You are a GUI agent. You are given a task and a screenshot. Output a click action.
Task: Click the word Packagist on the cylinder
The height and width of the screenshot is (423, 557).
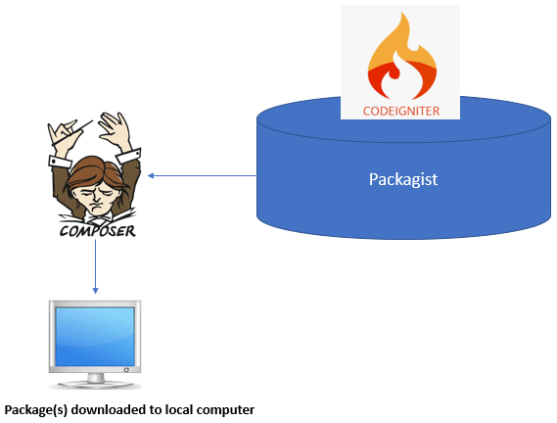point(403,179)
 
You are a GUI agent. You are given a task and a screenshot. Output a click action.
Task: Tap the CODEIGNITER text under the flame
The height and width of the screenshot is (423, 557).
point(401,112)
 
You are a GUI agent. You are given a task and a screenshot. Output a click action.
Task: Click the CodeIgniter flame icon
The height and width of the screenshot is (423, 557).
point(401,56)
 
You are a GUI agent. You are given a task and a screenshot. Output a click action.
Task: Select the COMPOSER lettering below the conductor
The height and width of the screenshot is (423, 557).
point(98,231)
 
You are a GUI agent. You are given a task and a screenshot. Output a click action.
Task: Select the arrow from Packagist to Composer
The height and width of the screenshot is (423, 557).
point(202,175)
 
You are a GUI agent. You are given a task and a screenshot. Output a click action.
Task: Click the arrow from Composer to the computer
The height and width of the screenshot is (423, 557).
point(95,266)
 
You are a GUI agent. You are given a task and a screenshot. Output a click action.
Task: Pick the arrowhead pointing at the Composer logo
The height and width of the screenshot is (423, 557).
point(151,175)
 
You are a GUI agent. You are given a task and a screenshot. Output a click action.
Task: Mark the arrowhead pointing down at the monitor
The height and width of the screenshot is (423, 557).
point(95,291)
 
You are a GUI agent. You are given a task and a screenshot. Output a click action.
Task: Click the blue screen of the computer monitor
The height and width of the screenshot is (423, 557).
point(95,336)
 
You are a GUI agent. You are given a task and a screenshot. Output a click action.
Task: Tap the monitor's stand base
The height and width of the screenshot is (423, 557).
point(96,384)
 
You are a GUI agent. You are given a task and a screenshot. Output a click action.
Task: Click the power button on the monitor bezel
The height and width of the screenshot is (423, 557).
point(126,370)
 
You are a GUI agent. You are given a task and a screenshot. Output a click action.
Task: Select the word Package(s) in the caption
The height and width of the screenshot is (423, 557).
point(36,410)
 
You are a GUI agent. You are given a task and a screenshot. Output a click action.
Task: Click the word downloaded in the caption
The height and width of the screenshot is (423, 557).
point(109,409)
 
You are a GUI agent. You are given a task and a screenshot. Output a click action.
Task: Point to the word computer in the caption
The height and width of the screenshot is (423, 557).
point(225,410)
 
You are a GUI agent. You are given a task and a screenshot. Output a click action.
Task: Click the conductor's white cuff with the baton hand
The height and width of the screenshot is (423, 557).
point(60,162)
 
